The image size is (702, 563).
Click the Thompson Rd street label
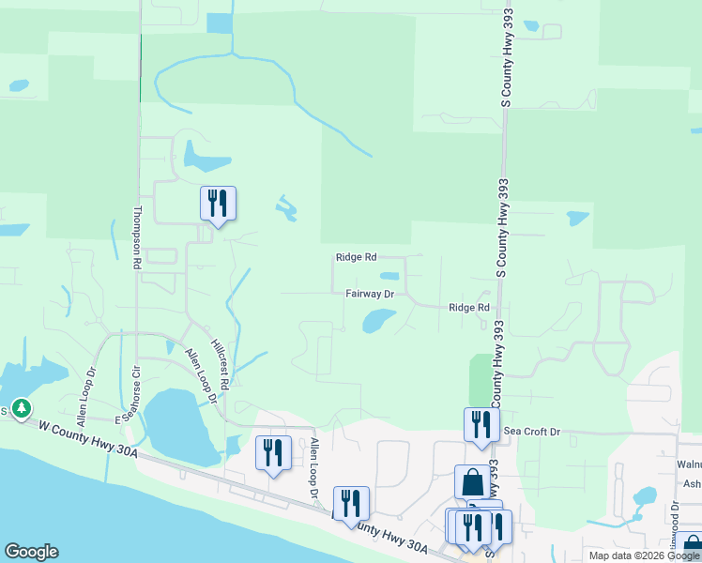pyautogui.click(x=137, y=238)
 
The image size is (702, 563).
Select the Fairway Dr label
pyautogui.click(x=369, y=294)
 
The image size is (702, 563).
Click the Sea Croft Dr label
pyautogui.click(x=531, y=432)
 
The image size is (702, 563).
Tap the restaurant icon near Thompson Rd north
pyautogui.click(x=218, y=203)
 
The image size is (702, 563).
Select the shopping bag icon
pyautogui.click(x=472, y=482)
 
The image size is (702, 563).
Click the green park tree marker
pyautogui.click(x=21, y=409)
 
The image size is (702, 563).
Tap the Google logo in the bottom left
pyautogui.click(x=31, y=552)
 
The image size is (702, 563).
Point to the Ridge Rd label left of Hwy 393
pyautogui.click(x=469, y=308)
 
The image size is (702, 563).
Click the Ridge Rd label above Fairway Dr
pyautogui.click(x=356, y=257)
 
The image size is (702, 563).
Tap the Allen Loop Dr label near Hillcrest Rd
pyautogui.click(x=200, y=375)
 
